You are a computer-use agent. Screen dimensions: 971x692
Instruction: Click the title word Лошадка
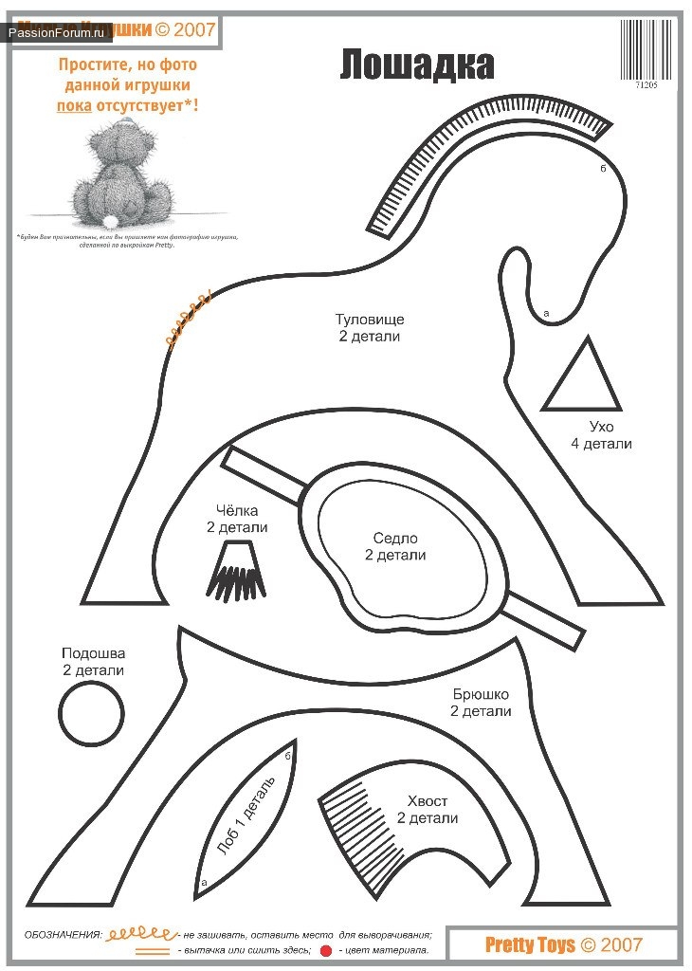417,64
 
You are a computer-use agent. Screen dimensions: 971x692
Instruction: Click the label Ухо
601,427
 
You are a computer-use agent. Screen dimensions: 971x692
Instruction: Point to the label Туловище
369,320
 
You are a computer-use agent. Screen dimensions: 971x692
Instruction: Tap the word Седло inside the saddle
395,539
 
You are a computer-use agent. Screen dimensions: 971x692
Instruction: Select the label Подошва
93,653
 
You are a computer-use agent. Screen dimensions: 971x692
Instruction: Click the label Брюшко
481,694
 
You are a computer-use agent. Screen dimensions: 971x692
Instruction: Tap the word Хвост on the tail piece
427,800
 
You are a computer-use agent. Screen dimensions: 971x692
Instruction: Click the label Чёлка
237,510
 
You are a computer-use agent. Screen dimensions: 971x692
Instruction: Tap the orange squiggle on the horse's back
188,322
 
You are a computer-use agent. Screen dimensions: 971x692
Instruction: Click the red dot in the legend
325,950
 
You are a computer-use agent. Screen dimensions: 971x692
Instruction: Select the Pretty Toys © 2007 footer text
563,944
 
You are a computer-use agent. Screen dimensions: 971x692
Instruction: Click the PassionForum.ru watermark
57,32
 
